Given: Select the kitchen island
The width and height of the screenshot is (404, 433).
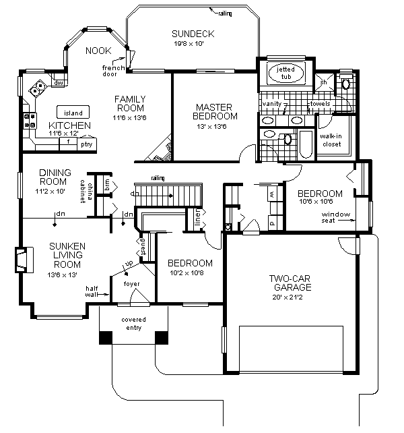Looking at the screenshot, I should [69, 112].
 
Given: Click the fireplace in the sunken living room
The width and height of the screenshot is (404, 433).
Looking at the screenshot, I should [22, 259].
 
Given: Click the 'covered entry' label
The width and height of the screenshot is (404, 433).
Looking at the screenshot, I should [133, 323].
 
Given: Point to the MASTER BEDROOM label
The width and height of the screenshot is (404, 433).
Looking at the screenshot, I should [214, 112].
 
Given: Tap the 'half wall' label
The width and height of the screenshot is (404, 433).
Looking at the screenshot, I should [92, 291].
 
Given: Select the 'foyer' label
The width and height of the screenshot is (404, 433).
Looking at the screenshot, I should [131, 284].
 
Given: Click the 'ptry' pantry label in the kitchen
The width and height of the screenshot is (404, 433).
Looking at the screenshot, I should [86, 143].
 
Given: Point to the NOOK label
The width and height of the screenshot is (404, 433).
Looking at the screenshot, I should [98, 51].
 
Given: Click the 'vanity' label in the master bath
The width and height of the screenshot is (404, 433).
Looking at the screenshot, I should [272, 104].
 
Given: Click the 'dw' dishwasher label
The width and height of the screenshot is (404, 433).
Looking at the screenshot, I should [59, 83].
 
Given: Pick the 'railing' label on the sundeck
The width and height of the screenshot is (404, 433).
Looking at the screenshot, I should [225, 12].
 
